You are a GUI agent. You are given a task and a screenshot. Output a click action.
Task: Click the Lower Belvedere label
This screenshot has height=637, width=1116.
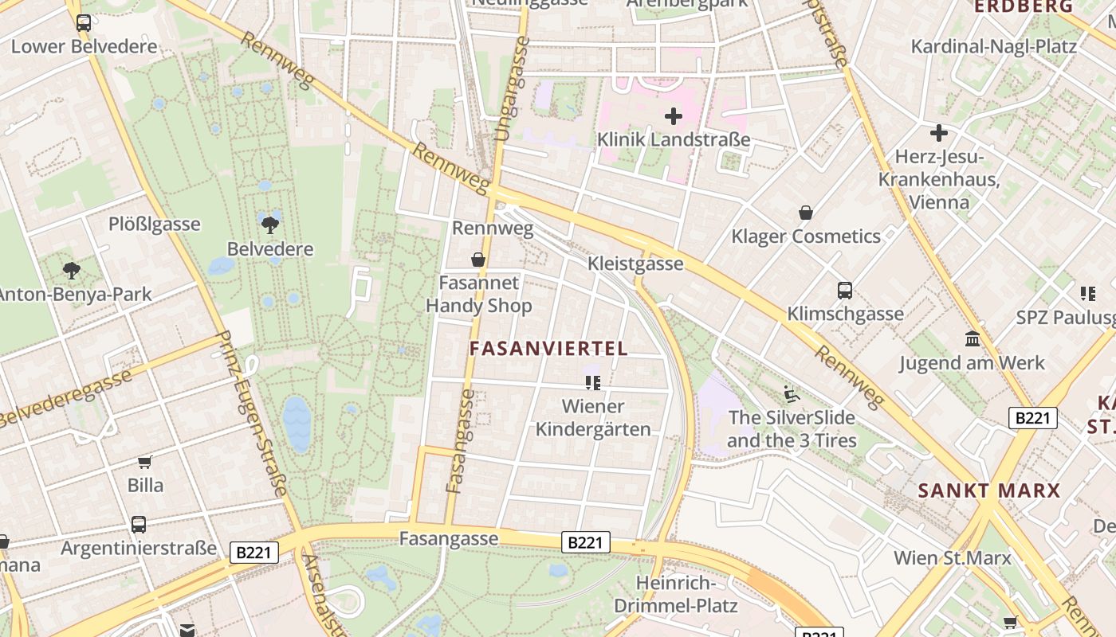pos(84,46)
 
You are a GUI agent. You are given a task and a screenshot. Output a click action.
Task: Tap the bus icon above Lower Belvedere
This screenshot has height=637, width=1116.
pos(84,22)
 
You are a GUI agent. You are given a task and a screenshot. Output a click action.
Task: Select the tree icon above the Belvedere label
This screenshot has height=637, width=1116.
pos(270,225)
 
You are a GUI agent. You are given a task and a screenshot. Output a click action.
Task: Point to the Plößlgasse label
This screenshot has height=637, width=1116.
pos(155,224)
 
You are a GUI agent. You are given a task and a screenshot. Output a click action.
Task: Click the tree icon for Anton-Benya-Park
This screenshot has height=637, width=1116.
pos(72,270)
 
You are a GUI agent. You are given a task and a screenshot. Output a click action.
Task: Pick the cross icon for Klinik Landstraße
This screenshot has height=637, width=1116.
pos(674,116)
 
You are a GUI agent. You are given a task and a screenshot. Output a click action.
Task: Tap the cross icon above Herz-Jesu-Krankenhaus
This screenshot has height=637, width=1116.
pos(939,132)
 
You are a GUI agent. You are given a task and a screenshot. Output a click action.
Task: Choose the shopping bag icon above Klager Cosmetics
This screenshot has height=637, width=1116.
pos(806,213)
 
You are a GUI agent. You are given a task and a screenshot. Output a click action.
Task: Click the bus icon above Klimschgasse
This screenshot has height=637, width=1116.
pos(845,290)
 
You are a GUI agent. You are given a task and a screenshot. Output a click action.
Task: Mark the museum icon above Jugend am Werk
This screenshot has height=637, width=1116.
pos(973,339)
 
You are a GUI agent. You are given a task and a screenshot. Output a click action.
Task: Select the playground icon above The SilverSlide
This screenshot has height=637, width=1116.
pos(791,393)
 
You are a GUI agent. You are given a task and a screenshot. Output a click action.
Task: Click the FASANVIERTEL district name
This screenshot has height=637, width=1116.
pos(548,349)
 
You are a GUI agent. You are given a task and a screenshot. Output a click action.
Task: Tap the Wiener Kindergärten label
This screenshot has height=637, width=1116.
pos(593,417)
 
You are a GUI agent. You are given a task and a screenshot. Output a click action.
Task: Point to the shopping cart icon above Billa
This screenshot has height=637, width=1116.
pos(144,462)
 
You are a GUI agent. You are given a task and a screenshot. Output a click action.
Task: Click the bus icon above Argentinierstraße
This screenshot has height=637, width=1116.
pos(139,524)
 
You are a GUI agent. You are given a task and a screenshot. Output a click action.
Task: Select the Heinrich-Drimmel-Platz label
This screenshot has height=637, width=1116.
pos(686,594)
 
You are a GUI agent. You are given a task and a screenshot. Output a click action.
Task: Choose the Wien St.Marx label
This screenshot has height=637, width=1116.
pos(952,557)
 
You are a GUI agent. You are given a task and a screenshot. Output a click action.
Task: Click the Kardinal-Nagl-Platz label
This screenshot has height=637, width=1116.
pos(994,46)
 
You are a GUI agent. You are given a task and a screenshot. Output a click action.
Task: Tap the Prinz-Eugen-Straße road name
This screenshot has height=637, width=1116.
pos(253,414)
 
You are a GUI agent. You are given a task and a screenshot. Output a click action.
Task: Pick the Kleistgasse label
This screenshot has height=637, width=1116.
pos(635,264)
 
